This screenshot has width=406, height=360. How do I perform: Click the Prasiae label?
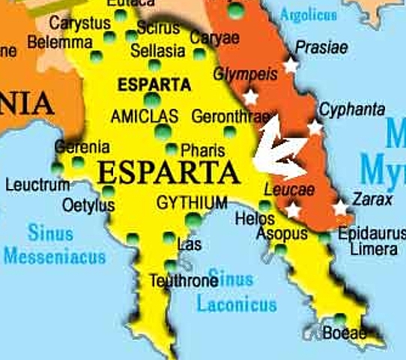(x=321, y=48)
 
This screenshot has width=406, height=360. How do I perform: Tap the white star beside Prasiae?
(x=291, y=66)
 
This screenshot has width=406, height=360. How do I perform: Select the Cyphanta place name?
(x=352, y=109)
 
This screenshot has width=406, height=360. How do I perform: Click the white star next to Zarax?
(x=341, y=207)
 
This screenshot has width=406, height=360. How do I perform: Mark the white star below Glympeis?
(x=250, y=97)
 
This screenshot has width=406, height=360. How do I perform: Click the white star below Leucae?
(x=292, y=210)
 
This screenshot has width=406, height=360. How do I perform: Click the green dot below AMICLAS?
(x=162, y=133)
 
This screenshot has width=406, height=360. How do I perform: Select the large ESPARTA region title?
(x=169, y=172)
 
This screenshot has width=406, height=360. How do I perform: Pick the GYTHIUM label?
(x=192, y=203)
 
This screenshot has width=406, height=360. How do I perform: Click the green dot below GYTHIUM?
(x=193, y=220)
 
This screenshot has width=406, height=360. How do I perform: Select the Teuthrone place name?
(x=184, y=281)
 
